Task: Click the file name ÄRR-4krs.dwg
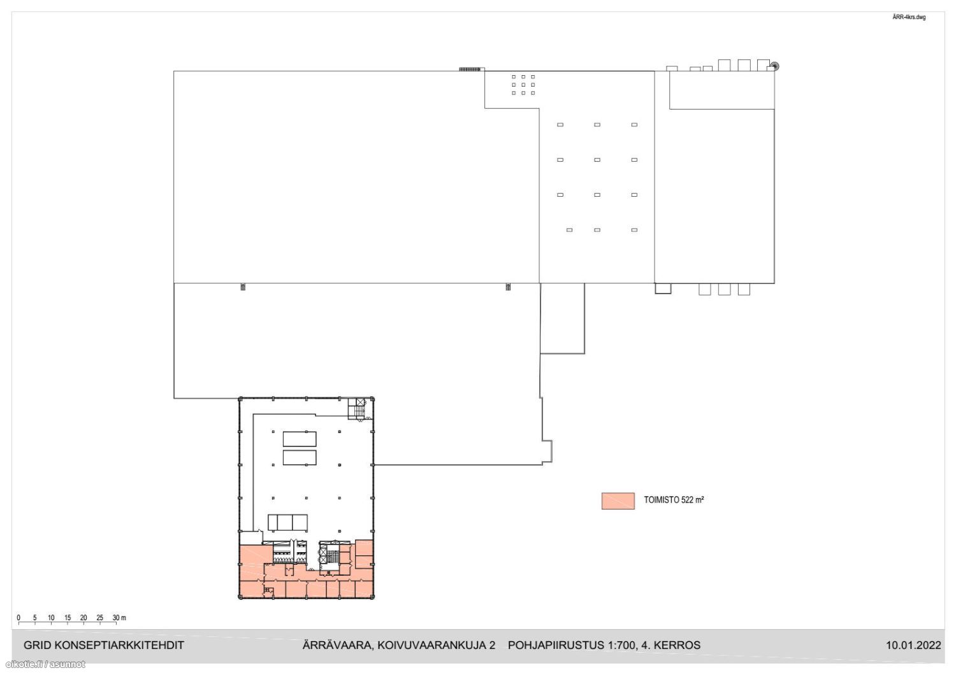[x=909, y=17]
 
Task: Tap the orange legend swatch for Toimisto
[x=618, y=501]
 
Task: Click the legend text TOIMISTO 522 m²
[x=674, y=500]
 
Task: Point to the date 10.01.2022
[x=913, y=645]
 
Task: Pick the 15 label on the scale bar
[x=68, y=618]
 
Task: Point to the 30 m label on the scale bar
[x=119, y=618]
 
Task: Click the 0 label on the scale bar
[x=18, y=618]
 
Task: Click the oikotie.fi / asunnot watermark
[x=45, y=664]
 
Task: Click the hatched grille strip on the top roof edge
[x=470, y=69]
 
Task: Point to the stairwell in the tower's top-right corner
[x=357, y=409]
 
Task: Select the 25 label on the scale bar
[x=100, y=618]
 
